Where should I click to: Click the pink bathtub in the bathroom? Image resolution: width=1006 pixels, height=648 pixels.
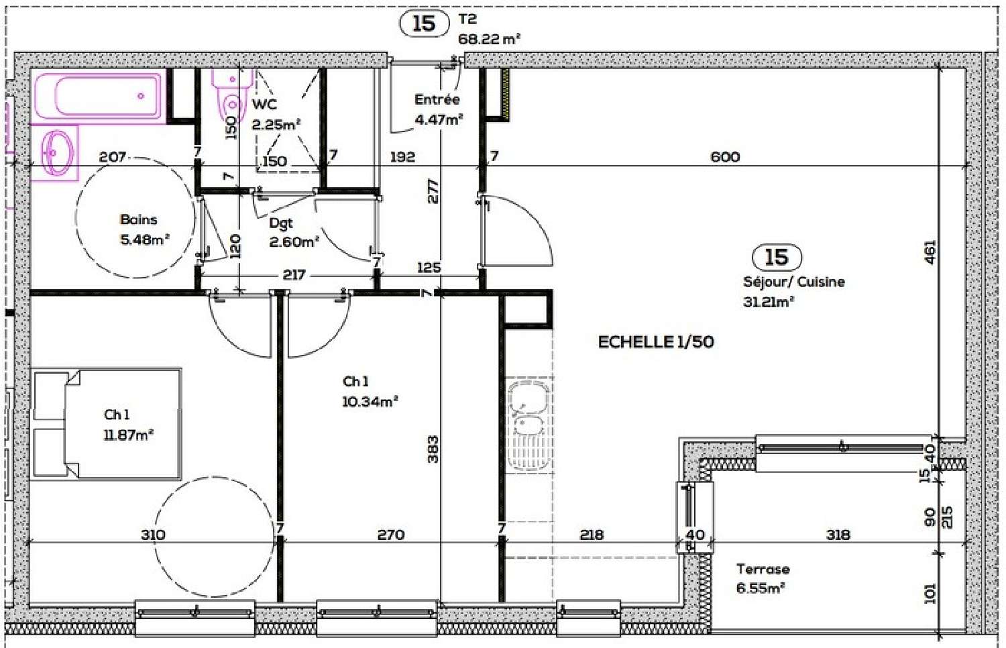(98, 96)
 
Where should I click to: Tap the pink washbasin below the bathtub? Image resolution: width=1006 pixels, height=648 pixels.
(57, 152)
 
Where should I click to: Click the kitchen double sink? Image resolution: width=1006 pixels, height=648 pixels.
(528, 424)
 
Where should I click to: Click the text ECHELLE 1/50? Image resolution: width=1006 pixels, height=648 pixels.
(655, 342)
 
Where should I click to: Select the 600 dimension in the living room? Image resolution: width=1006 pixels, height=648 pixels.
(725, 157)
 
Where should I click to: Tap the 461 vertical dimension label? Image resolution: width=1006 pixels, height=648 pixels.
(930, 252)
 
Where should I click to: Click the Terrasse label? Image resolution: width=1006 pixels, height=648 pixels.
(763, 569)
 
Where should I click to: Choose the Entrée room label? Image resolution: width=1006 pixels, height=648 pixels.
(437, 99)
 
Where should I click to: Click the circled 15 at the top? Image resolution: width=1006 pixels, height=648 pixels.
(424, 23)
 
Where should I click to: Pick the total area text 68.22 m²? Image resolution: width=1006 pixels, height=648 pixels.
(489, 40)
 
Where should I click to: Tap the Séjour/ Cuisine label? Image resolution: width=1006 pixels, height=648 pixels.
(793, 282)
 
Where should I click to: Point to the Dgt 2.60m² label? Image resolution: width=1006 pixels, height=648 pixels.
(294, 233)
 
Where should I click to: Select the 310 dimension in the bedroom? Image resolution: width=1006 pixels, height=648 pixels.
(153, 535)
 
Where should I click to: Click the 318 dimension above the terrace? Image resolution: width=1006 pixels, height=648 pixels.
(838, 535)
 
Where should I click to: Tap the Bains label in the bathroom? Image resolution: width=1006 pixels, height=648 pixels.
(138, 219)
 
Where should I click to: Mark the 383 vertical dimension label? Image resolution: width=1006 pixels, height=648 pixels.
(433, 449)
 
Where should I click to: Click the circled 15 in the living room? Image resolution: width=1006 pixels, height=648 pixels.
(777, 257)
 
